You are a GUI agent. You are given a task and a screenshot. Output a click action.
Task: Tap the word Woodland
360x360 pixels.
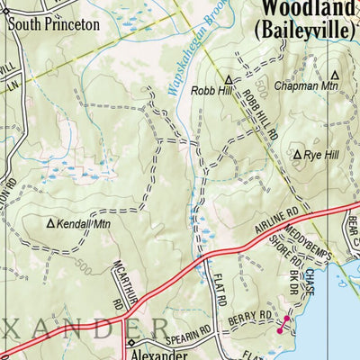[305, 9]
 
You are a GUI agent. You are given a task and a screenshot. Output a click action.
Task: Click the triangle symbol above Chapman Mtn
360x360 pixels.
[334, 76]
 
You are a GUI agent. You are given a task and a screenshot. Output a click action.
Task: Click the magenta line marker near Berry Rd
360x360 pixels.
[283, 324]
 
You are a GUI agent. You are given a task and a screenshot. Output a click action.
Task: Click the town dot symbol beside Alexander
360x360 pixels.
[130, 343]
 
